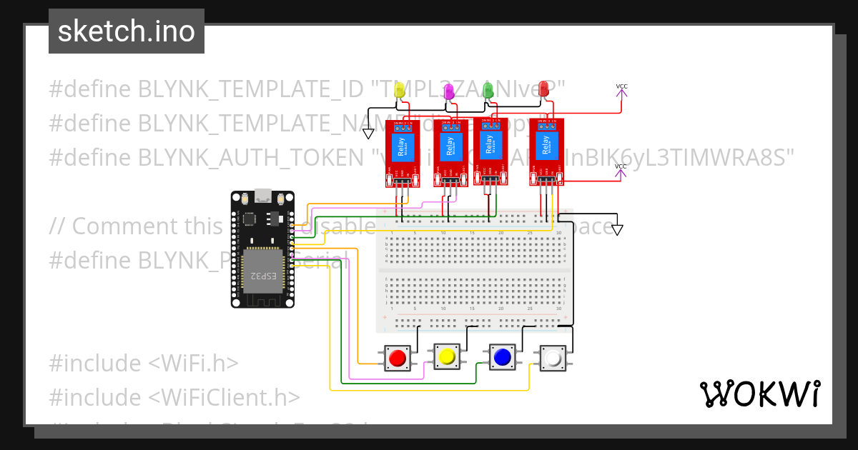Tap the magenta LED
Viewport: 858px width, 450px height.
click(x=449, y=91)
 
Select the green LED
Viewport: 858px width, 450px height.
click(x=488, y=90)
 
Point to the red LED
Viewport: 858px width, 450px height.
click(x=543, y=89)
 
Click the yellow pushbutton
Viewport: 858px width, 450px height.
click(x=448, y=356)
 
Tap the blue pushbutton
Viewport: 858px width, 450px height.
click(x=501, y=356)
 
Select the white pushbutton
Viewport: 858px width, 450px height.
click(x=553, y=358)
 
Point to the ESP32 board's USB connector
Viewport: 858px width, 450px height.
click(x=262, y=194)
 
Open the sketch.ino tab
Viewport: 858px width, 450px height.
click(x=127, y=31)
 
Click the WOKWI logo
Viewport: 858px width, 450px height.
click(x=759, y=394)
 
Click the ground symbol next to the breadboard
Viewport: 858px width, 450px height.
click(x=617, y=230)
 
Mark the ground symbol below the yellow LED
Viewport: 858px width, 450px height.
click(x=368, y=134)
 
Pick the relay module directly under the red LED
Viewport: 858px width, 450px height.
click(x=546, y=151)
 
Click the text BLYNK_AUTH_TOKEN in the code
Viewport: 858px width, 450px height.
click(x=250, y=156)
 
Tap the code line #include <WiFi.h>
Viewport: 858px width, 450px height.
click(x=143, y=364)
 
